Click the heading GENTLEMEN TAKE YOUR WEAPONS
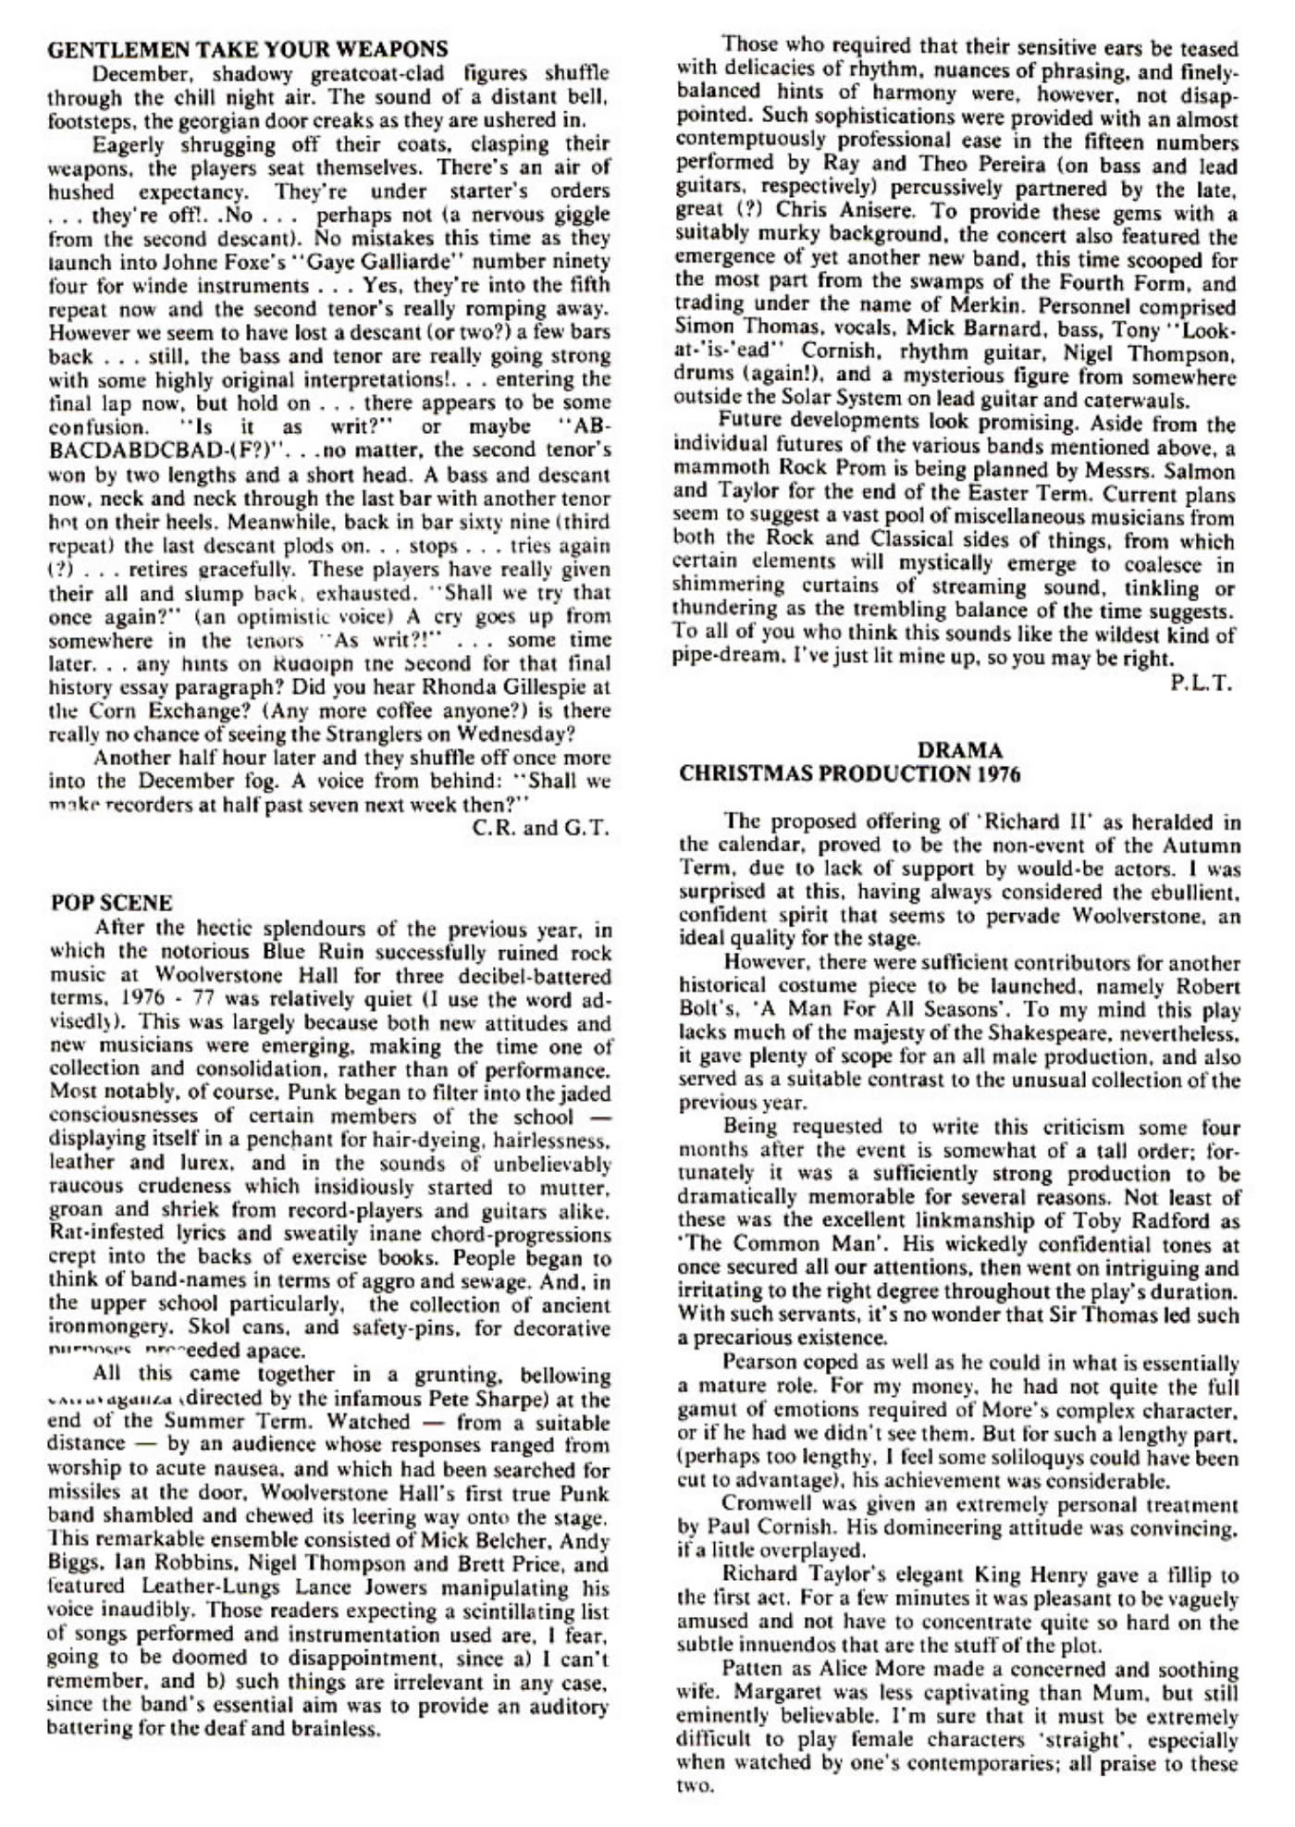click(247, 49)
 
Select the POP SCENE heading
click(111, 903)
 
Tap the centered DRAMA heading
click(959, 750)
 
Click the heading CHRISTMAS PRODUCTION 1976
click(849, 774)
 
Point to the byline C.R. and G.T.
click(541, 828)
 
